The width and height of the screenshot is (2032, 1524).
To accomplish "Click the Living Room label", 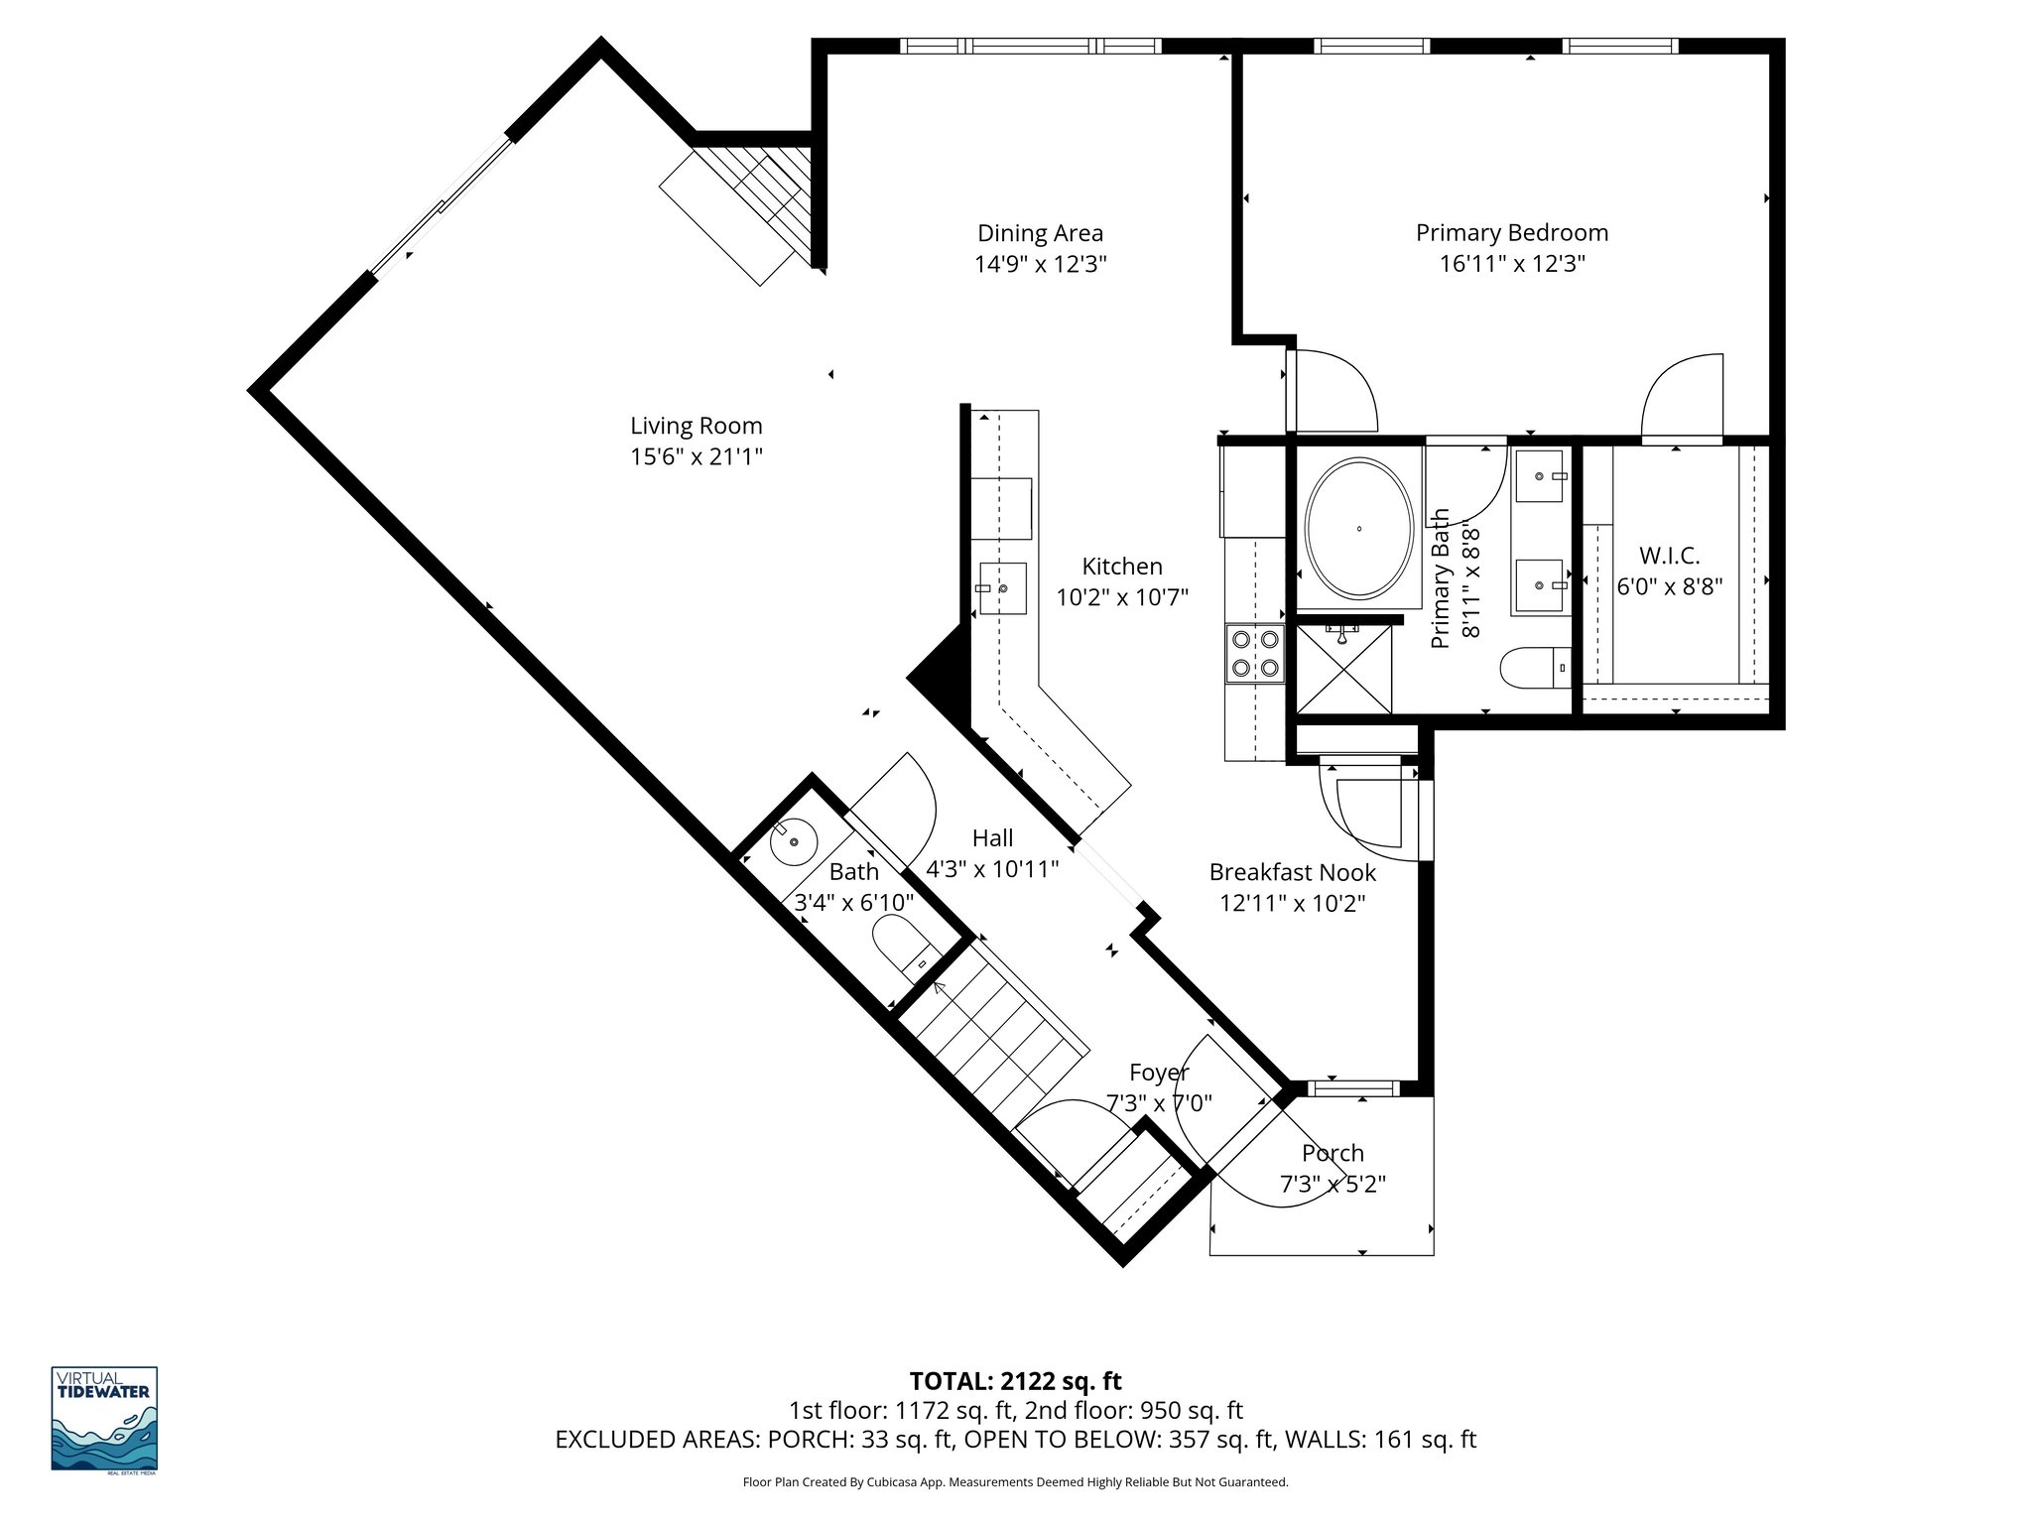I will [696, 426].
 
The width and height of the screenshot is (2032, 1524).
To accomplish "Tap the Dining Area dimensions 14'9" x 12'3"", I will [1040, 264].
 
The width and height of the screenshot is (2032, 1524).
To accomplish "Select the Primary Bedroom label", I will [1511, 233].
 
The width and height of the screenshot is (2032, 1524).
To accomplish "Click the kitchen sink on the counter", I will [1002, 588].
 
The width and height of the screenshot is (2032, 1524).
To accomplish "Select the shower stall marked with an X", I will [1343, 668].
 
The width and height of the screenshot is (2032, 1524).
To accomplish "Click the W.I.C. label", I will [1669, 556].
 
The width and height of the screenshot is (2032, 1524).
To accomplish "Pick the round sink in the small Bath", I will [793, 841].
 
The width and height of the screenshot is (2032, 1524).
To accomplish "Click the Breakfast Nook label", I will [1292, 873].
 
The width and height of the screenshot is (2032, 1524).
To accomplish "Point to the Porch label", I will [1333, 1153].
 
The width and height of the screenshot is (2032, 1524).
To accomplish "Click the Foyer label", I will [1158, 1073].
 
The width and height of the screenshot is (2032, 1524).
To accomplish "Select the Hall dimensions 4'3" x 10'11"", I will [992, 870].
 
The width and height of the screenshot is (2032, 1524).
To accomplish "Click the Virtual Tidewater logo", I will [104, 1418].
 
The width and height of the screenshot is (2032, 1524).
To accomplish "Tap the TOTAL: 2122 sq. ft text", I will [1015, 1381].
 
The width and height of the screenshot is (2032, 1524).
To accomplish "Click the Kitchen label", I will [1121, 567].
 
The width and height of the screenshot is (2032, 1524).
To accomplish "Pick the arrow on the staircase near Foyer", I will [940, 987].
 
